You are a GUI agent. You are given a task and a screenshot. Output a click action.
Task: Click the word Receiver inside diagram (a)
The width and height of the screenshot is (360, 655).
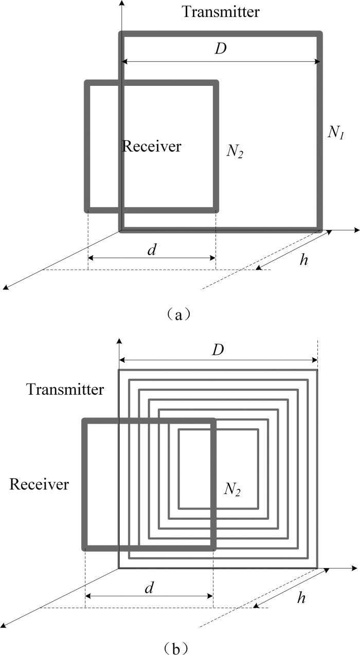pyautogui.click(x=152, y=147)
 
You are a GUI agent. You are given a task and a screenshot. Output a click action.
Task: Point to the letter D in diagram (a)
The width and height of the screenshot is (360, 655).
pyautogui.click(x=221, y=50)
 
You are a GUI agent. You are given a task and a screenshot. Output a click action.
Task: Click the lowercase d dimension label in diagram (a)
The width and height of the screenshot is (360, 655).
pyautogui.click(x=152, y=250)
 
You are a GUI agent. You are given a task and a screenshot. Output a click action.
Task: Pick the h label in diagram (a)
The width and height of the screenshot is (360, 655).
pyautogui.click(x=304, y=260)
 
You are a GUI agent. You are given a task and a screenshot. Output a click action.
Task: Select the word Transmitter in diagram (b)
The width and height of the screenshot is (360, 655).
pyautogui.click(x=65, y=389)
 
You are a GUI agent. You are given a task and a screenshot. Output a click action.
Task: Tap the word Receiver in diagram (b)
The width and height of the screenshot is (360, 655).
pyautogui.click(x=39, y=484)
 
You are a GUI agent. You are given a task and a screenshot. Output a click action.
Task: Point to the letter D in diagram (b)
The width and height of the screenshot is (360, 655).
pyautogui.click(x=218, y=350)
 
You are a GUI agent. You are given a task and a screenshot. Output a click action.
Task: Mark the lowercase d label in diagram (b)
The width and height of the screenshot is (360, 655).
pyautogui.click(x=149, y=588)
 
